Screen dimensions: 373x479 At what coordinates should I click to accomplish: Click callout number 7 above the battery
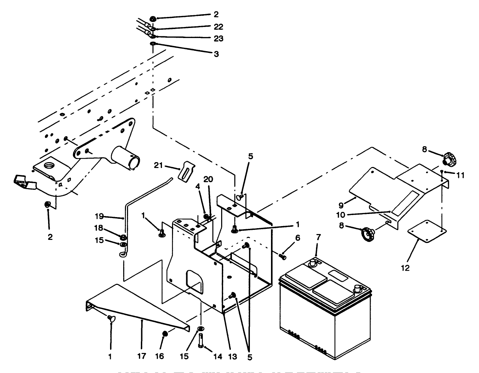coord(318,238)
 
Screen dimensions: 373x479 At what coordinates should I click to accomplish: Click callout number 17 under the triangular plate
coord(142,356)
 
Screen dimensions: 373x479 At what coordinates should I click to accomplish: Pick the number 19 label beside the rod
coord(99,217)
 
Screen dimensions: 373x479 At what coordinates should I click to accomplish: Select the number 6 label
coord(297,238)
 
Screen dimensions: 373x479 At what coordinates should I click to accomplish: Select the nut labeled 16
coord(165,334)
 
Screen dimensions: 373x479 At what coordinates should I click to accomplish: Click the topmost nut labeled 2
coord(153,18)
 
